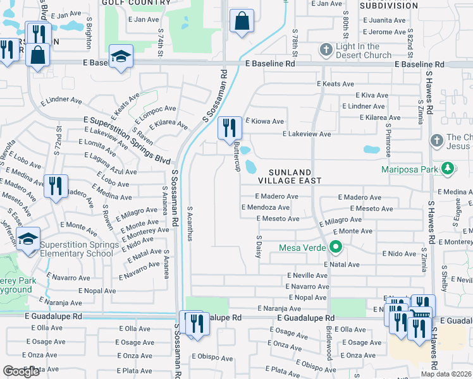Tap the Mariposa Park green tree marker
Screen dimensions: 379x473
(448, 168)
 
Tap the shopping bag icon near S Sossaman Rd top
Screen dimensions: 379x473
(242, 21)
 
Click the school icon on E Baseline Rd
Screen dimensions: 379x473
(120, 57)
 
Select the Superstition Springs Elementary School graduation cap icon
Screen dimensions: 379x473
(28, 239)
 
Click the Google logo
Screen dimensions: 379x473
(21, 371)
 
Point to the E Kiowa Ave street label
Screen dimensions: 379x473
(265, 121)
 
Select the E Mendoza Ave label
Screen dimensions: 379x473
(269, 207)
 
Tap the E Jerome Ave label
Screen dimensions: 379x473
(383, 32)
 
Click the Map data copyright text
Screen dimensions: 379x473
(446, 374)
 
